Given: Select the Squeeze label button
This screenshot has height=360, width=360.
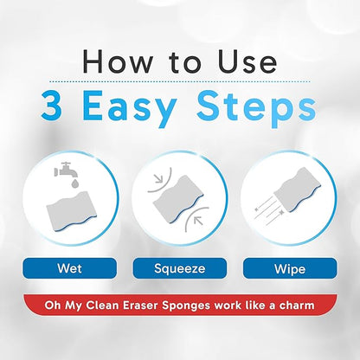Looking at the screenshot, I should [179, 268].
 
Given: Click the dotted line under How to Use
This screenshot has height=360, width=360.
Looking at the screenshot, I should [179, 81].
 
